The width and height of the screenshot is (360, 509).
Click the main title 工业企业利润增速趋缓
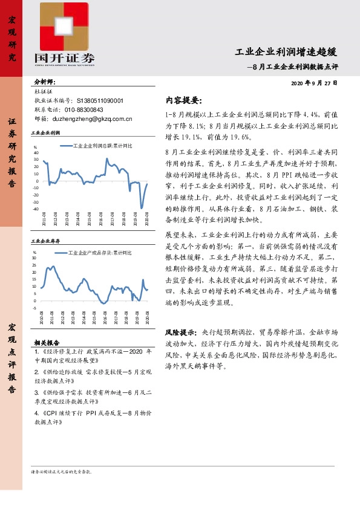coord(286,52)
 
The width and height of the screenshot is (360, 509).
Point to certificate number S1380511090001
coord(100,101)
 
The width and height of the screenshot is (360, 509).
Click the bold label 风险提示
coord(180,332)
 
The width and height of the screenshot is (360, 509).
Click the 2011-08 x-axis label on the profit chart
coord(44,219)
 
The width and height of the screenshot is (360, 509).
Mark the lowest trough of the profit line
coord(142,207)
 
